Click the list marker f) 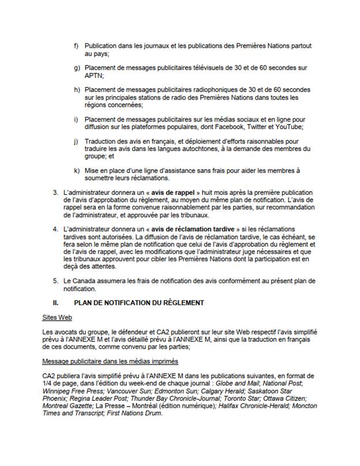[77, 45]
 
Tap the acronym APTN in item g [92, 75]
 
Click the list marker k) [77, 170]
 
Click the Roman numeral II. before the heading [56, 303]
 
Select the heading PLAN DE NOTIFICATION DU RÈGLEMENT [139, 303]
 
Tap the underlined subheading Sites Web [57, 318]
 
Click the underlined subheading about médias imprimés [110, 362]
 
